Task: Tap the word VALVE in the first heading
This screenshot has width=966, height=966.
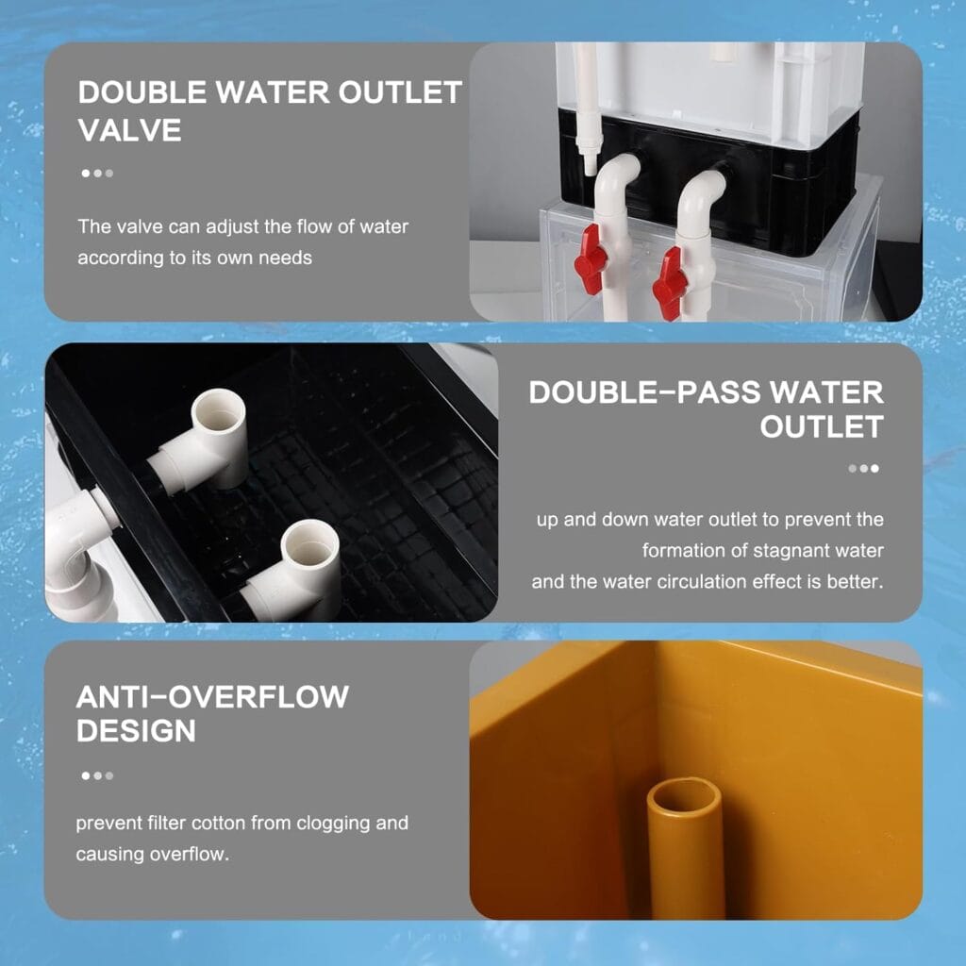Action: pyautogui.click(x=129, y=130)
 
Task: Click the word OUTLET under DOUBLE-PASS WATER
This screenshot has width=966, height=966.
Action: pyautogui.click(x=822, y=426)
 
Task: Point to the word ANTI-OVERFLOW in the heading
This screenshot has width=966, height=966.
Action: pyautogui.click(x=212, y=697)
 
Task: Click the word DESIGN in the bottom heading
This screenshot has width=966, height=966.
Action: pyautogui.click(x=136, y=731)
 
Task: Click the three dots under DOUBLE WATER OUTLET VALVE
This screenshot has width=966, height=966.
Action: pyautogui.click(x=97, y=174)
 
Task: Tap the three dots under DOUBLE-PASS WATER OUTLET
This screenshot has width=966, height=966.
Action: pyautogui.click(x=863, y=468)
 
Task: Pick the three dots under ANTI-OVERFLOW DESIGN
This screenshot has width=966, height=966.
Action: pyautogui.click(x=97, y=775)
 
